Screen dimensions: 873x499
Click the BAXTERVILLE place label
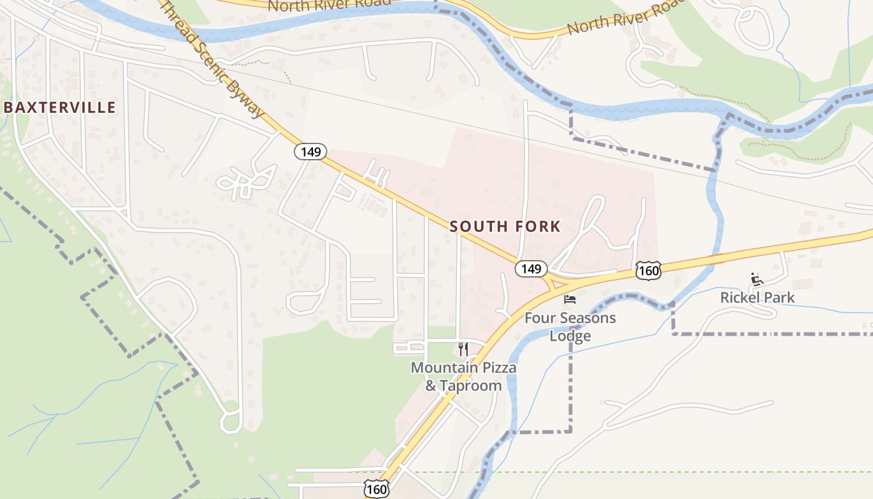(60, 107)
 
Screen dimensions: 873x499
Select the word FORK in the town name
(538, 226)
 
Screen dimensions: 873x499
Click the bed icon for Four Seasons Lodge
(570, 299)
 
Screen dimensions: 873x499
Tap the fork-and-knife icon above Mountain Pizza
(463, 349)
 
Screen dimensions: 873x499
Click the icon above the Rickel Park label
(758, 279)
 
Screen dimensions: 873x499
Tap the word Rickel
(741, 298)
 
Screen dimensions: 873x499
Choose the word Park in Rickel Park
(780, 298)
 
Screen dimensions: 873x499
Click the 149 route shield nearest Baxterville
(311, 152)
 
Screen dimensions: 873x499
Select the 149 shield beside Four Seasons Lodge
(531, 269)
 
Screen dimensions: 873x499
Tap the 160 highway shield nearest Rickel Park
(649, 270)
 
